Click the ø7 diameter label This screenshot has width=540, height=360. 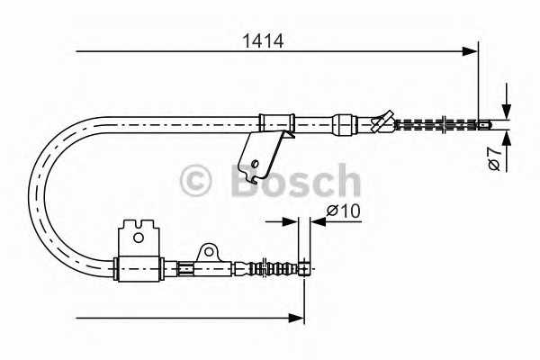(x=494, y=159)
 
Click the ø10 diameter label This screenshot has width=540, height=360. (x=342, y=211)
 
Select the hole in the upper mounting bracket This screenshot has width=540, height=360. (x=256, y=163)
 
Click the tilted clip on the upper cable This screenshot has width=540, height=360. (x=382, y=121)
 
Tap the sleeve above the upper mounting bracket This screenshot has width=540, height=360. (x=277, y=121)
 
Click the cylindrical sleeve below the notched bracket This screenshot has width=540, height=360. (x=140, y=267)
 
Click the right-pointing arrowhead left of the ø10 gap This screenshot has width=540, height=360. (x=290, y=220)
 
